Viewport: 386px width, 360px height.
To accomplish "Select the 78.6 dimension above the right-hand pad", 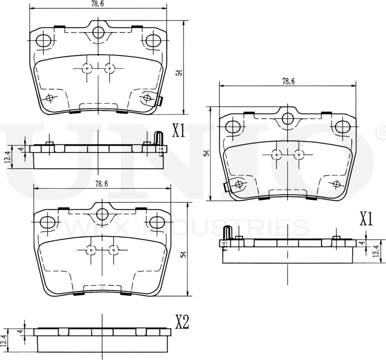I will click(288, 81).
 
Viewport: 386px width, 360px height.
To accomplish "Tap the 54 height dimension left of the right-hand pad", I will click(207, 153).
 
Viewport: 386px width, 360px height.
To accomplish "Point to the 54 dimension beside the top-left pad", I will click(179, 73).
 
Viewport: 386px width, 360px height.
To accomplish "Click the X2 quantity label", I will click(182, 322).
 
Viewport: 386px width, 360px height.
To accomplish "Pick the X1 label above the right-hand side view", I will click(366, 219).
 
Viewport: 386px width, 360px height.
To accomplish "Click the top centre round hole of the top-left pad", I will click(98, 32).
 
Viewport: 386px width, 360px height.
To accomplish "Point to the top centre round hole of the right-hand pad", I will click(288, 119).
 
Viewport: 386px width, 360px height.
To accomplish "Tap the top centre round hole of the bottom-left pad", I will click(102, 214).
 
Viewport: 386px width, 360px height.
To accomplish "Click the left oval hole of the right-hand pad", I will click(233, 126).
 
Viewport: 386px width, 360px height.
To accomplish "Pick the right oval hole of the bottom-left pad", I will click(157, 222).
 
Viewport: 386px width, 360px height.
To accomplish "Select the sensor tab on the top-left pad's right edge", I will click(160, 101).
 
